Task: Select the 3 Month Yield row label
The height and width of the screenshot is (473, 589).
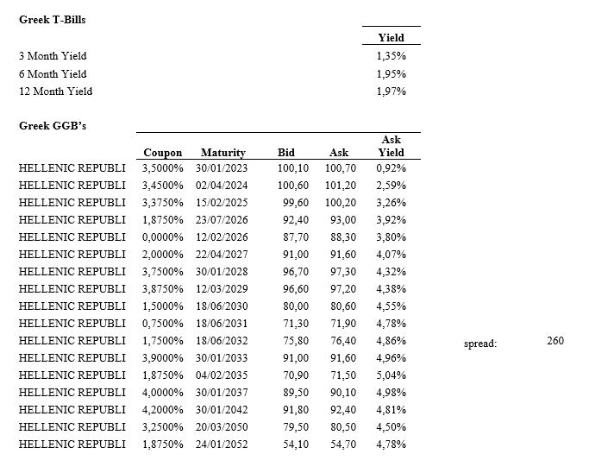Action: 53,56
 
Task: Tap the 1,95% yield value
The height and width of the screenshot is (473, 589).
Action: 391,73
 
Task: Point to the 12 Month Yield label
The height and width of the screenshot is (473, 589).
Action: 55,91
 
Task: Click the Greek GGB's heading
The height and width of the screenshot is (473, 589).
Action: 53,126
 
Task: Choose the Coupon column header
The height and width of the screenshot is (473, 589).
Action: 162,153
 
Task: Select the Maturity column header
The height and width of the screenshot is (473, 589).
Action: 222,153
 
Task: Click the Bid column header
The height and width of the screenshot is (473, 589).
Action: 285,153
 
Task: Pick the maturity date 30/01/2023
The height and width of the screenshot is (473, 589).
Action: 222,168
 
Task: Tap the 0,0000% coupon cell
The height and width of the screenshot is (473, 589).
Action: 162,237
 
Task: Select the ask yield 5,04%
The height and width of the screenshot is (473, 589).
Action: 391,375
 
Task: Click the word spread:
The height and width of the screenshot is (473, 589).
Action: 479,343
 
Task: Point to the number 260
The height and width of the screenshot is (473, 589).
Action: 555,341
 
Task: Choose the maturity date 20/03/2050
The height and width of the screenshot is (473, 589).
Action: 222,427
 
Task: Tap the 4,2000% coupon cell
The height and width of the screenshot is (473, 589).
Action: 162,410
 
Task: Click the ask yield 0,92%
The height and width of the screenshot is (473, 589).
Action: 391,168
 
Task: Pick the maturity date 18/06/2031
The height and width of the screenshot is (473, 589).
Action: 222,324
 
